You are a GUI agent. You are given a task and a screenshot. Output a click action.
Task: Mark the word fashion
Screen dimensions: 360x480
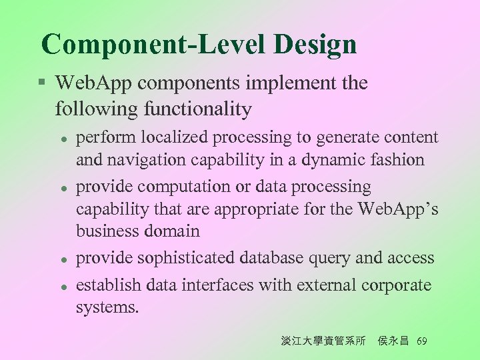coord(401,160)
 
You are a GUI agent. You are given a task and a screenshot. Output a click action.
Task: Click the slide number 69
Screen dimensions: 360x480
coord(421,341)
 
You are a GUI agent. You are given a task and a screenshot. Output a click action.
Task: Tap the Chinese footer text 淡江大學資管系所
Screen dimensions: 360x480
coord(323,341)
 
